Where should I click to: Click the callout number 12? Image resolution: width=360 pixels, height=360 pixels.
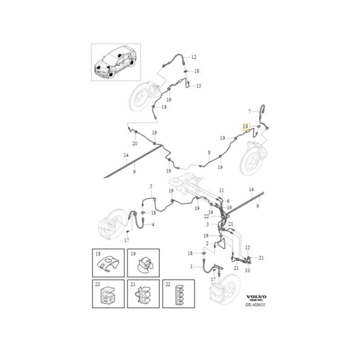tap(194, 57)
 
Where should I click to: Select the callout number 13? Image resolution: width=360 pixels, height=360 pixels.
tap(198, 86)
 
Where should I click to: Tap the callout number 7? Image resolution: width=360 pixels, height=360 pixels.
tap(250, 111)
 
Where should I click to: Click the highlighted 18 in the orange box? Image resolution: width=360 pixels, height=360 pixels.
tap(246, 127)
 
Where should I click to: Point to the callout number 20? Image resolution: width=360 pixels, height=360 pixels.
tap(135, 144)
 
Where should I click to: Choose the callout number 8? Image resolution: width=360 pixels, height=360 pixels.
tap(209, 153)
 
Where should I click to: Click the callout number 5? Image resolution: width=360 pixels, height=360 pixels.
tap(151, 186)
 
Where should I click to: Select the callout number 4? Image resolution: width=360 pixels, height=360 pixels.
tap(153, 224)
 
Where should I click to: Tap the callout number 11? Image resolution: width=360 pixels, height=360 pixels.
tap(221, 190)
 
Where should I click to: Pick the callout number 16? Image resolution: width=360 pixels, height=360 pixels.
tap(229, 207)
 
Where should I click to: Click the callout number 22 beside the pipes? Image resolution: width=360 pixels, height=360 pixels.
tap(206, 216)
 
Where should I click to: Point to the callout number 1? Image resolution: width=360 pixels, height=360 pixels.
tap(191, 266)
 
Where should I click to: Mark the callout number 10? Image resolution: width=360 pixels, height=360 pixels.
tap(247, 270)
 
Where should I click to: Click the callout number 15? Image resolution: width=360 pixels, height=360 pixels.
tap(247, 247)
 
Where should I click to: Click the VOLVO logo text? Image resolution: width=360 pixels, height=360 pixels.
tap(256, 297)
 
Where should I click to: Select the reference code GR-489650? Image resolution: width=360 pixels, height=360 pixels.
tap(255, 305)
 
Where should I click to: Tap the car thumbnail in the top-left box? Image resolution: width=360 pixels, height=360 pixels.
tap(116, 62)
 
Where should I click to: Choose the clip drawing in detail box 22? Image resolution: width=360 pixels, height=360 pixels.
tap(178, 296)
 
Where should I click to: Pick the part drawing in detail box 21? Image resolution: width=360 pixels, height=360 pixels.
tap(143, 296)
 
